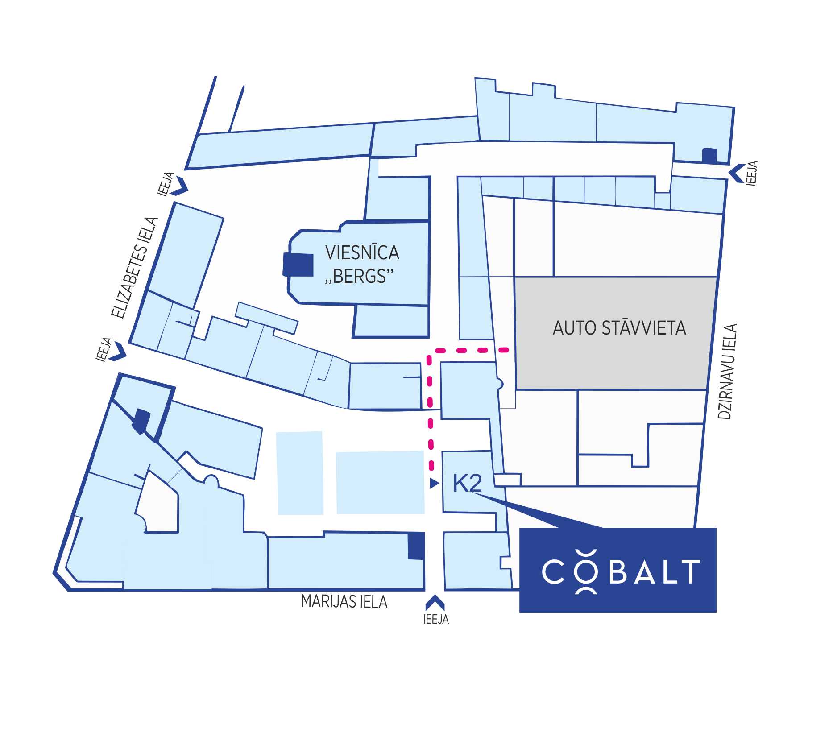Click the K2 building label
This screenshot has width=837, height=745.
pyautogui.click(x=468, y=483)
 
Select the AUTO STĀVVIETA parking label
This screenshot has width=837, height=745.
pyautogui.click(x=619, y=328)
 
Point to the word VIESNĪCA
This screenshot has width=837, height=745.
pyautogui.click(x=362, y=252)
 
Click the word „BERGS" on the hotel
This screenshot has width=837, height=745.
pyautogui.click(x=360, y=277)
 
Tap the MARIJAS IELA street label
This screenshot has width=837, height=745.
pyautogui.click(x=344, y=602)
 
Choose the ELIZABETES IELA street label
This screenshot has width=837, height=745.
pyautogui.click(x=134, y=268)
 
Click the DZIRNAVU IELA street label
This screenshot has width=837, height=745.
pyautogui.click(x=727, y=372)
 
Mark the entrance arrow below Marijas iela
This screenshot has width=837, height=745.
pyautogui.click(x=435, y=603)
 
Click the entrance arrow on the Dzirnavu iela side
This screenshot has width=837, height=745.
pyautogui.click(x=736, y=173)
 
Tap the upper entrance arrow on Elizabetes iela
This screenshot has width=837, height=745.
pyautogui.click(x=181, y=185)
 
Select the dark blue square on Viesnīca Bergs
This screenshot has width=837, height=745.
pyautogui.click(x=298, y=265)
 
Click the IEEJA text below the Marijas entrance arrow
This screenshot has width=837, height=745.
pyautogui.click(x=436, y=619)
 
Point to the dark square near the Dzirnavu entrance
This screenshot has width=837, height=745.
pyautogui.click(x=709, y=155)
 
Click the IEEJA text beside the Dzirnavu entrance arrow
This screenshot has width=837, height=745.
pyautogui.click(x=752, y=173)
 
